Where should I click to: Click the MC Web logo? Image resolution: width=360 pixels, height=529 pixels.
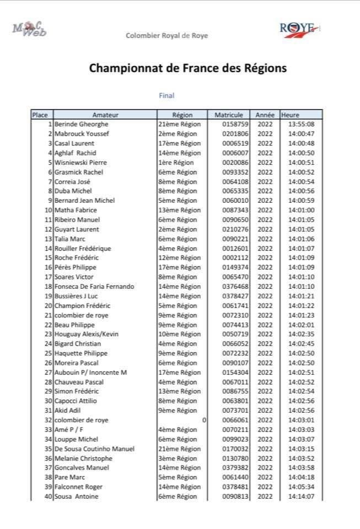pos(30,29)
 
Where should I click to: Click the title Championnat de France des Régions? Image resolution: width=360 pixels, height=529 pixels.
pos(188,69)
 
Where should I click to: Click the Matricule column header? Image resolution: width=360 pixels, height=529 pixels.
pos(229,115)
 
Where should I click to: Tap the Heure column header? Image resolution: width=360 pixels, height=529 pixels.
pos(290,115)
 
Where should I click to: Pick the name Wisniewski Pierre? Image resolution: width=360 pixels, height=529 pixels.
pos(80,163)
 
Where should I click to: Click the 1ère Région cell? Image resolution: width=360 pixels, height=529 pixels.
pos(176,163)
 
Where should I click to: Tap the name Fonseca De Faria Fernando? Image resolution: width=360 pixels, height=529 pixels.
pos(94,287)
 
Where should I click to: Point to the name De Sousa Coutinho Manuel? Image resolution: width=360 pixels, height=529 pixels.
pos(94,449)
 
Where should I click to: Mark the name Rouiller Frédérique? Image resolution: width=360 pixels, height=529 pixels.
pos(83,249)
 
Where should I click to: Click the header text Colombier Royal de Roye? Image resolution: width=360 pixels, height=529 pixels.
pos(167,36)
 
